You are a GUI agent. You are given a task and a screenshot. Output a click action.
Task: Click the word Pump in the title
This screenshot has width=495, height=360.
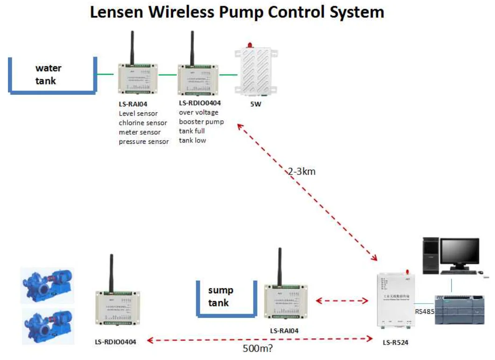(246, 13)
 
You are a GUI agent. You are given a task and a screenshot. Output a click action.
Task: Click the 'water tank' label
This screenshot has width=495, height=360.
(48, 74)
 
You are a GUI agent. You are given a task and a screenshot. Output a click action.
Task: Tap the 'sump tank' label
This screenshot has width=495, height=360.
(220, 296)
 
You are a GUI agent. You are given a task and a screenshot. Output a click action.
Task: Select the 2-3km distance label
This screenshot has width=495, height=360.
(301, 171)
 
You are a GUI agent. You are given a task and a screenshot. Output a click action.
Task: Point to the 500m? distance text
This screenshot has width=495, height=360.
(259, 348)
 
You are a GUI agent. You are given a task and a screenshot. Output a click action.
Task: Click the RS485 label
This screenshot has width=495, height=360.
(424, 311)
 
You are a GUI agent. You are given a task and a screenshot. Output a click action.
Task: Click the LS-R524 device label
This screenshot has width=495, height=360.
(395, 342)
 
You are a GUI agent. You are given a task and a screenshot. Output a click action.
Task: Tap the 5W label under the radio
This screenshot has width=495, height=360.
(255, 104)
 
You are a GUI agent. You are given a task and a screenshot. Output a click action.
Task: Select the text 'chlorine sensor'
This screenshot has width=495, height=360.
(142, 123)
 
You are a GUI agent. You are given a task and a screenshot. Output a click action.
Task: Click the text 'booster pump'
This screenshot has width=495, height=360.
(201, 122)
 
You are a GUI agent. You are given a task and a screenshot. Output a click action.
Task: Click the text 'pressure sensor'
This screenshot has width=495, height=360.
(143, 141)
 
